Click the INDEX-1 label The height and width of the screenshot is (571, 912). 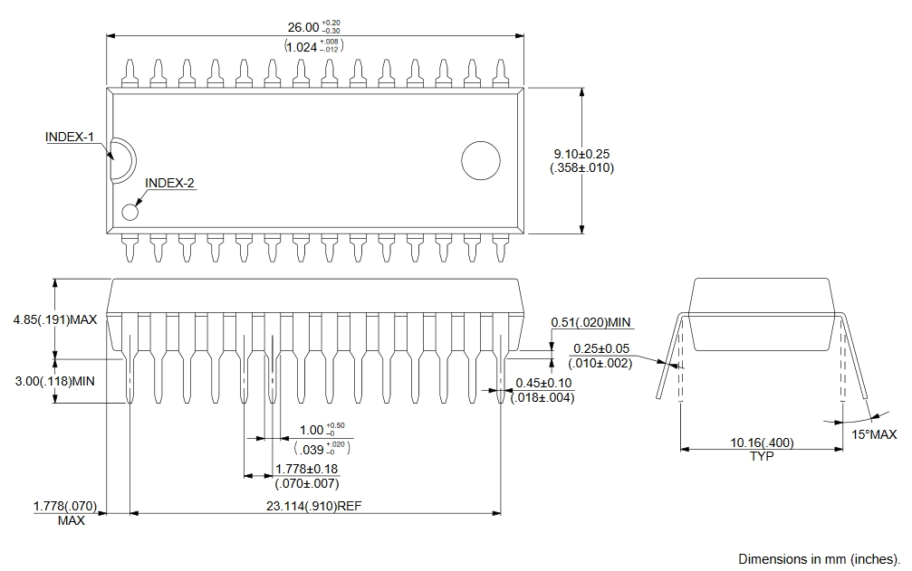point(70,138)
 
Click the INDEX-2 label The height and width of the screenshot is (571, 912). point(169,183)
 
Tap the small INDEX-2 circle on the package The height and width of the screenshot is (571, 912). point(130,213)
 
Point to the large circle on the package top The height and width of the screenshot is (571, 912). point(480,161)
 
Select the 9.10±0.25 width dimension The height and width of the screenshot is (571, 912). point(581,154)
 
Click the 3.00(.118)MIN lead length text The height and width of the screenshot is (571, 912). point(55,381)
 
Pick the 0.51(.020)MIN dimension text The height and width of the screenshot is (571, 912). point(590,322)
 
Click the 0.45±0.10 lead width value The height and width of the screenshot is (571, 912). point(543,383)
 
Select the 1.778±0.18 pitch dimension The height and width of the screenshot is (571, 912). point(306,469)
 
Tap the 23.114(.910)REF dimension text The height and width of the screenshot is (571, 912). point(315,506)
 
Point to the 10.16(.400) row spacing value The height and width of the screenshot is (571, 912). point(762,443)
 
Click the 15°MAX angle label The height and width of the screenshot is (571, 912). point(874,435)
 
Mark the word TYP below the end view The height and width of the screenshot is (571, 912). point(762,456)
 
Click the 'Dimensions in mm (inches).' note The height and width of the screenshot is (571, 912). point(820,558)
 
